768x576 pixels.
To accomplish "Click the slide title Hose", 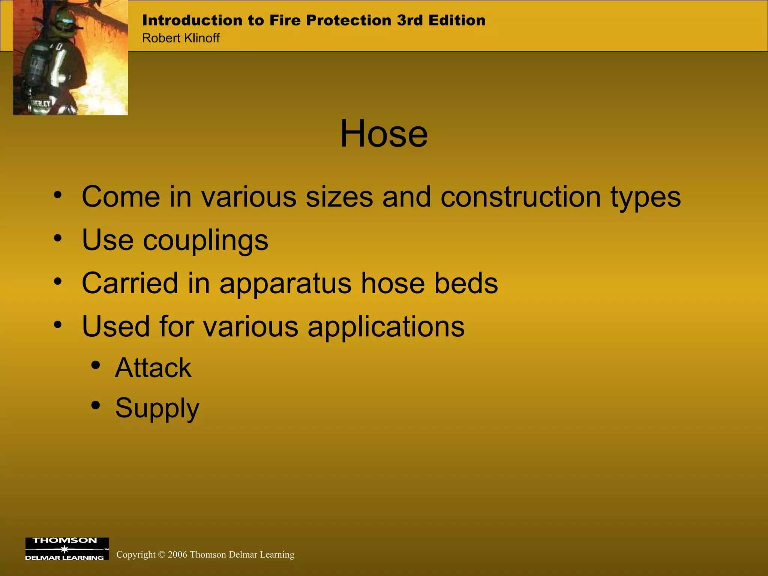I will click(x=384, y=134).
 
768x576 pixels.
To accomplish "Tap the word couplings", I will click(x=205, y=241).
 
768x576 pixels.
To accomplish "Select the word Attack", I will click(x=153, y=368).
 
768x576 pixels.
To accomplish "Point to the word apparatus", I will click(x=285, y=284).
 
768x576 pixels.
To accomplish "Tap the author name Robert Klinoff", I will click(x=181, y=38).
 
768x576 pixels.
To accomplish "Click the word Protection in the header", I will click(x=348, y=20).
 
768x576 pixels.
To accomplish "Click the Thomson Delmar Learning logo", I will click(x=67, y=549).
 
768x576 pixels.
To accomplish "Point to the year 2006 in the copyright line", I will click(x=177, y=555).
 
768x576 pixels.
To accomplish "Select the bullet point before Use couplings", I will click(x=57, y=238).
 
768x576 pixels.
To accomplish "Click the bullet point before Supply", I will click(x=96, y=405).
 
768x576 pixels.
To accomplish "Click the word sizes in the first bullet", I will click(x=339, y=197).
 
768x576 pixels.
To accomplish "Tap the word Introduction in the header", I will click(x=192, y=20).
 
